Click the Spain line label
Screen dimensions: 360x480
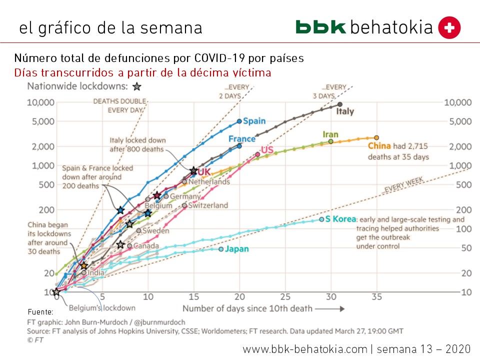(255, 121)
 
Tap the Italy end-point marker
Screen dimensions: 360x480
(340, 104)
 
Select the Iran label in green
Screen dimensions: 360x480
(330, 134)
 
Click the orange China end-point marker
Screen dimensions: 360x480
(376, 137)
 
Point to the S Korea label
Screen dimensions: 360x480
(340, 219)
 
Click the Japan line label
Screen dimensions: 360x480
(237, 248)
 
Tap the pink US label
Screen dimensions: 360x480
(266, 150)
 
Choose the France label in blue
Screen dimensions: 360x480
(242, 139)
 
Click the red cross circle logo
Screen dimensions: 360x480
(449, 28)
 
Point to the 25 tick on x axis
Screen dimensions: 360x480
(285, 296)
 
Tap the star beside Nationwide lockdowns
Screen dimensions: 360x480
(137, 86)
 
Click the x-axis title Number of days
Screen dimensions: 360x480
(247, 308)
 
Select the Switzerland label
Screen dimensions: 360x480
(208, 205)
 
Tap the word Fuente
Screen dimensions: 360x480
(40, 311)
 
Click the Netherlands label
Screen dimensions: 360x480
(209, 181)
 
